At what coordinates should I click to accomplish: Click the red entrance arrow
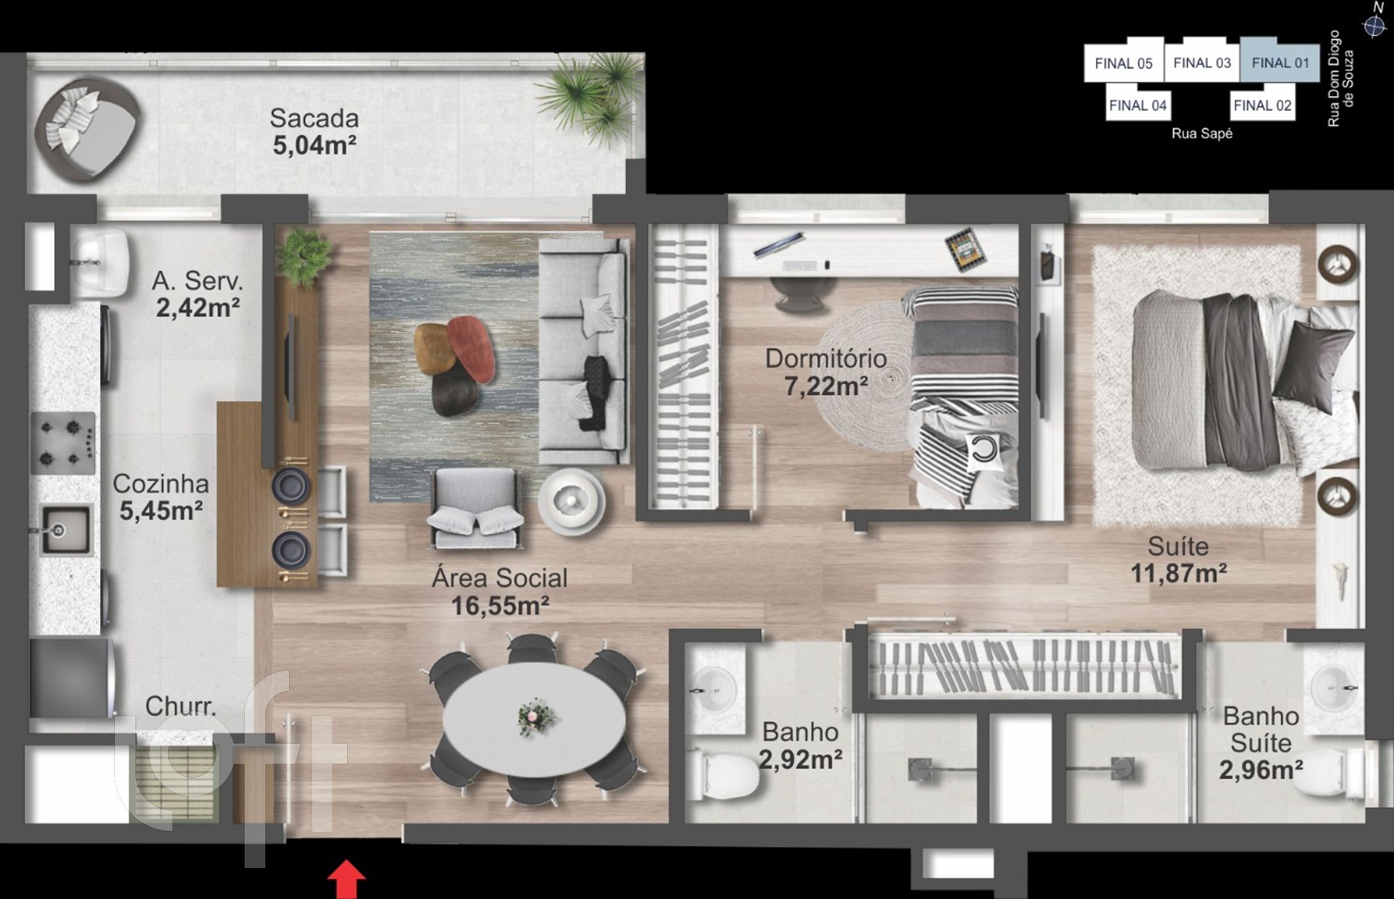click(x=346, y=880)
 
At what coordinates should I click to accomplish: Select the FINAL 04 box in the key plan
click(x=1137, y=105)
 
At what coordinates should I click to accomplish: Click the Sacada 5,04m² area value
click(x=315, y=145)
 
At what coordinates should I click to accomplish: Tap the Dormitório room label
click(x=826, y=358)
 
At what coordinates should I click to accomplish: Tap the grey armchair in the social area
click(x=476, y=509)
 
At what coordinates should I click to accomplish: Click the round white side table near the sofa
click(x=571, y=501)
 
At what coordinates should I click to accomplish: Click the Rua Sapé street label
click(x=1202, y=134)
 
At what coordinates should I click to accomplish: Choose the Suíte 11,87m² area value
click(x=1179, y=573)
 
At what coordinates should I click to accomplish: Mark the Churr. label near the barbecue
click(x=180, y=706)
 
